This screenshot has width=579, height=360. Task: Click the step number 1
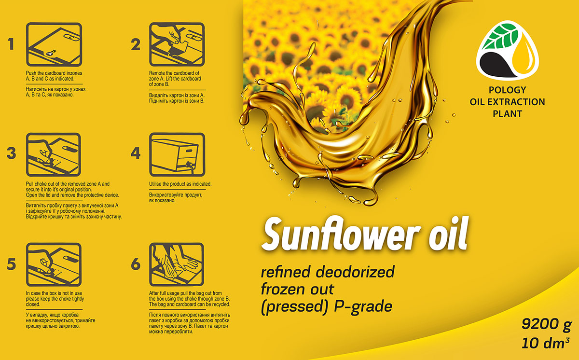pos(11,44)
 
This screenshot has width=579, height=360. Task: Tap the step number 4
pos(136,153)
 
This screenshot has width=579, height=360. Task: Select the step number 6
pos(136,264)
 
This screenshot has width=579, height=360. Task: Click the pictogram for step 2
pos(177,44)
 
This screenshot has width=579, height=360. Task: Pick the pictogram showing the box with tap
pos(177,154)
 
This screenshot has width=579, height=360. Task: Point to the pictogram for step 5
pos(54,264)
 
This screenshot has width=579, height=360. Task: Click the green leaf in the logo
pos(500,36)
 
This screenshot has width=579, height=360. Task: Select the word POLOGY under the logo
pos(507,90)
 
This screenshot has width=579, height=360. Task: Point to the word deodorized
pos(355,272)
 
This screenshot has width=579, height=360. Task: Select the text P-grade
pos(363,307)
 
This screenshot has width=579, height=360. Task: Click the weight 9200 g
pos(546,324)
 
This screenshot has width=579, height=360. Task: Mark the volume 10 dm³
pos(545,343)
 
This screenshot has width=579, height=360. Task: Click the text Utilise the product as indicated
pos(180,184)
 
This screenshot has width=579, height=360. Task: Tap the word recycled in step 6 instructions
pos(221,304)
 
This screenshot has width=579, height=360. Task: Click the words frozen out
pos(298,289)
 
